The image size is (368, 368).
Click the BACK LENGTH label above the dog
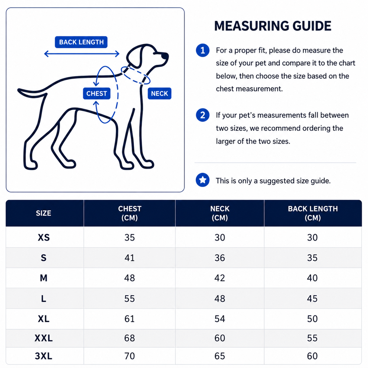coord(81,42)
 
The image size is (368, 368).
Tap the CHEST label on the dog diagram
coord(96,93)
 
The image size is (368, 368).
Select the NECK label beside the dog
coord(159,93)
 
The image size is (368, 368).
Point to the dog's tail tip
coord(19,90)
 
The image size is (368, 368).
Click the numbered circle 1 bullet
coord(203,50)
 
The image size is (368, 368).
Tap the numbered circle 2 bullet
coord(203,115)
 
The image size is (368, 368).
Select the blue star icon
coord(203,180)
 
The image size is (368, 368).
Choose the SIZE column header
coord(43,213)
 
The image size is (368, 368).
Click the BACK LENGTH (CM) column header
coord(312,213)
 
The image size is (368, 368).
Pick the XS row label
coord(44,237)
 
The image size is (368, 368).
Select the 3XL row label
coord(44,356)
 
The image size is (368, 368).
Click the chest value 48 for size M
coord(130,278)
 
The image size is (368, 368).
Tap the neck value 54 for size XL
coord(220,319)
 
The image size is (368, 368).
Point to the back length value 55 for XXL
coord(312,338)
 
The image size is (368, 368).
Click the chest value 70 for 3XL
coord(130,356)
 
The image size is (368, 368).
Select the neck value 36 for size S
coord(220,258)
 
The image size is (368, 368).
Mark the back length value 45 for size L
coord(312,298)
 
